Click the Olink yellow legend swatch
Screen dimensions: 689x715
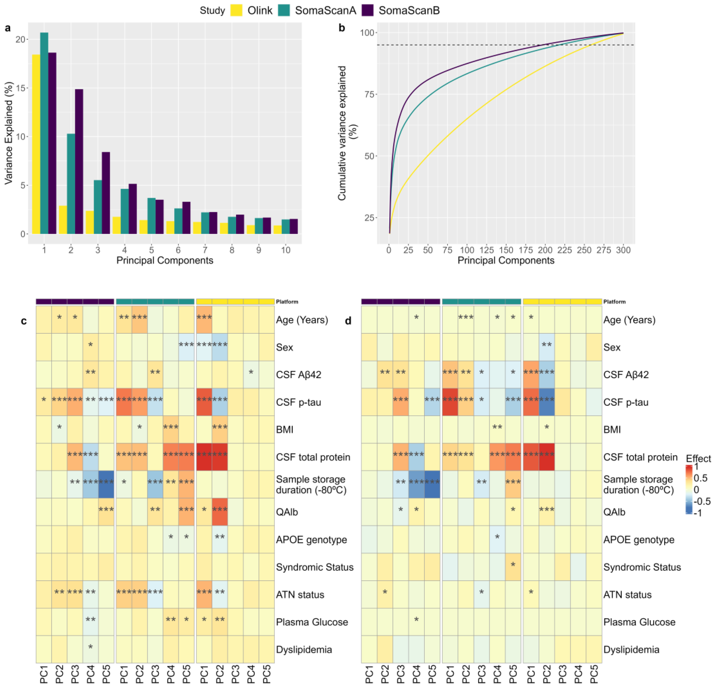click(236, 10)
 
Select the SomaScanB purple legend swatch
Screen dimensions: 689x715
click(368, 10)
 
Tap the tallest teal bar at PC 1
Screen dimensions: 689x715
click(44, 133)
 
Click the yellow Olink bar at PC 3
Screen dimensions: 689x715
click(90, 222)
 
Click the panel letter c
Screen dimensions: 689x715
click(24, 321)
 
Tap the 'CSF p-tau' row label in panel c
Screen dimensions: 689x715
click(298, 402)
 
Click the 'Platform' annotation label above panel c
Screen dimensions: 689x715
click(287, 302)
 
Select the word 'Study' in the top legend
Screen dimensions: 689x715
click(212, 10)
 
